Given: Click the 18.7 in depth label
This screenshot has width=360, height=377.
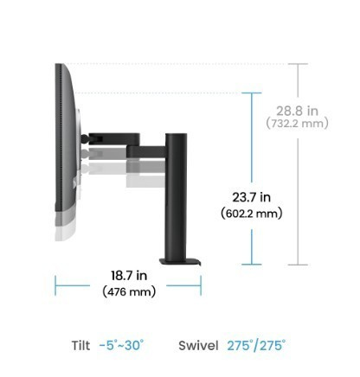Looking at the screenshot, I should point(129,276).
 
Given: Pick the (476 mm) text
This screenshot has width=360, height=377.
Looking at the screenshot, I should point(129,291).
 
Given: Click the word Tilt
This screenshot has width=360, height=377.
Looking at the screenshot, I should point(80,346).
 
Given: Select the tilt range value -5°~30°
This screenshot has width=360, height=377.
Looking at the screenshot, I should point(121,346).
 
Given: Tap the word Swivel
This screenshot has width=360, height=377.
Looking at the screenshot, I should point(198,346).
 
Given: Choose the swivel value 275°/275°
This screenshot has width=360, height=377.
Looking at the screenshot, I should point(256,346).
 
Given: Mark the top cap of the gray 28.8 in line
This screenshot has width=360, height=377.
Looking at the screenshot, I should point(298,63).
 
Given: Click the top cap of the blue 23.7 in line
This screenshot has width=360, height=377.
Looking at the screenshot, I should point(252,93).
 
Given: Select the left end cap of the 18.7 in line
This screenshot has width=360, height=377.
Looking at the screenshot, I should point(55,284).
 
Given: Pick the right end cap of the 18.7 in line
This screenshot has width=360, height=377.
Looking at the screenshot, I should point(201,284).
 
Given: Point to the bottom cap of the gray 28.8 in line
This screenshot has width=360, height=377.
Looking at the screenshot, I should point(298,265).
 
